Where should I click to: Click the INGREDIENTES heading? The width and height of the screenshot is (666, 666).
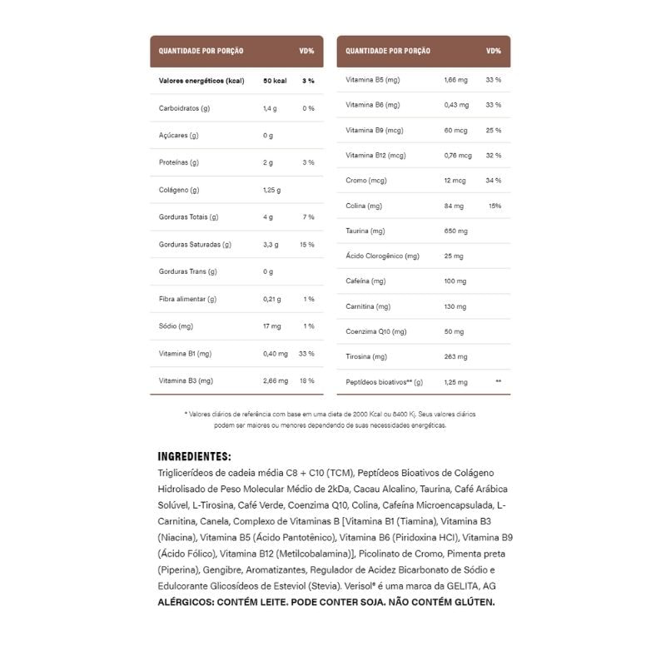pyautogui.click(x=194, y=456)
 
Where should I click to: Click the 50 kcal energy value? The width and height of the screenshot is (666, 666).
pyautogui.click(x=275, y=81)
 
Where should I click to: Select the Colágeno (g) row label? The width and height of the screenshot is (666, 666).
pyautogui.click(x=179, y=190)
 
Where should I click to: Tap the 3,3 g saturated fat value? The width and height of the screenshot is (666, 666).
pyautogui.click(x=271, y=245)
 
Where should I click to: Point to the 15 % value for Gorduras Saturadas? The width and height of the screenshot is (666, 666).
pyautogui.click(x=307, y=245)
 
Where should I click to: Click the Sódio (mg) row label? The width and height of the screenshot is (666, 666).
pyautogui.click(x=176, y=326)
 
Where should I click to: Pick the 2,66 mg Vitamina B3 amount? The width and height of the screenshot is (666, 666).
pyautogui.click(x=276, y=380)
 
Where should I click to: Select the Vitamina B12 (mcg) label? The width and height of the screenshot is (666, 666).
pyautogui.click(x=375, y=155)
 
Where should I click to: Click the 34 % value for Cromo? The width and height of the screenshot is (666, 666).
pyautogui.click(x=493, y=181)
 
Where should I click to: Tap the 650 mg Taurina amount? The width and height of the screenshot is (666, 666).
pyautogui.click(x=456, y=231)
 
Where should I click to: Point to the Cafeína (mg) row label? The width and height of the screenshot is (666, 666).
pyautogui.click(x=365, y=281)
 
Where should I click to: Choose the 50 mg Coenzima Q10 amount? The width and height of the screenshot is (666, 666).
pyautogui.click(x=454, y=331)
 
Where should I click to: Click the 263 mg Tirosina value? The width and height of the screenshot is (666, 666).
pyautogui.click(x=456, y=356)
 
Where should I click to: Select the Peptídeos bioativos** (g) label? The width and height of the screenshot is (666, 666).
pyautogui.click(x=385, y=382)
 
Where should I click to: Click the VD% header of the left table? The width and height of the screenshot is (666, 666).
pyautogui.click(x=306, y=51)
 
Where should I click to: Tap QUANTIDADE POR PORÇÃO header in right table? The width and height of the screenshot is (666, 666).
pyautogui.click(x=388, y=51)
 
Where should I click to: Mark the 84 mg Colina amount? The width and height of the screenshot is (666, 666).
pyautogui.click(x=454, y=206)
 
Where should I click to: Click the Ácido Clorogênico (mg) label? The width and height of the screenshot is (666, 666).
pyautogui.click(x=382, y=256)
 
